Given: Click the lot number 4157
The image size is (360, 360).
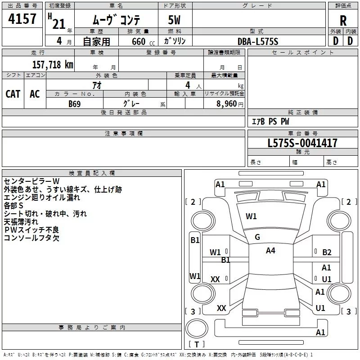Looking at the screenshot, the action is point(22,19).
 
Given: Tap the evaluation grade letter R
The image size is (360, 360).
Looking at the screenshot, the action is point(343,20).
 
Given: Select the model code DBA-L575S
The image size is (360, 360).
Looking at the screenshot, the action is point(258,41).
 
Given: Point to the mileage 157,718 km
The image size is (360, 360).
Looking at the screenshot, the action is point(52,64).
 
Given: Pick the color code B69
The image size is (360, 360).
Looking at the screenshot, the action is point(75,103).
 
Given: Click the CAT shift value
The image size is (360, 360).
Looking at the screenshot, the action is point(13,94).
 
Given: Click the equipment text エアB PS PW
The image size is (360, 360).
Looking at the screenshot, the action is point(270,121).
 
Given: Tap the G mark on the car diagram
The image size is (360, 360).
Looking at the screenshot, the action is point(257,237).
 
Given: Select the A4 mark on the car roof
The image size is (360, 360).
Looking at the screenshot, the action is point(270,251).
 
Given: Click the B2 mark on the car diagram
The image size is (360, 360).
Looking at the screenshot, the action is point(327,252).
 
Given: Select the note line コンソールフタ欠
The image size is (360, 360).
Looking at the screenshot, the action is point(31,238).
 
